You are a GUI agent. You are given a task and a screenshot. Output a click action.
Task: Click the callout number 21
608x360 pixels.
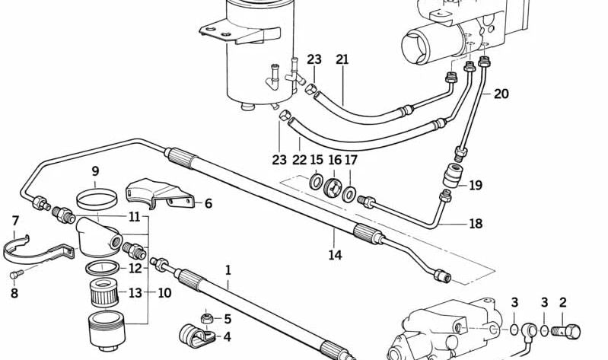[342, 60]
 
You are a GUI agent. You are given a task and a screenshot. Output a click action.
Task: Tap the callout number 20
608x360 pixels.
[500, 94]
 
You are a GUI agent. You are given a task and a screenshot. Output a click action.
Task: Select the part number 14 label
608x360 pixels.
[335, 255]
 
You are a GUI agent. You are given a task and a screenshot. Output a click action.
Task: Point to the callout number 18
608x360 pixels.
[475, 224]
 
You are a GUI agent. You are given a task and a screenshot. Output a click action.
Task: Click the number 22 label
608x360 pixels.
[298, 160]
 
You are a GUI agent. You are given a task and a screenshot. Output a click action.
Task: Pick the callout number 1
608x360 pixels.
[227, 269]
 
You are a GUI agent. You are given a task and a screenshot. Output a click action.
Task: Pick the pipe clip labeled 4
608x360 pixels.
[187, 333]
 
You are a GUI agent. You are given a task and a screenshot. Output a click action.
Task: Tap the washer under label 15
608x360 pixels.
[315, 183]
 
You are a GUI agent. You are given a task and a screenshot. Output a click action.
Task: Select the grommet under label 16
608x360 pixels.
[332, 188]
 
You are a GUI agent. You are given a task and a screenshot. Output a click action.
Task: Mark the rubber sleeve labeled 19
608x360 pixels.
[455, 176]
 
